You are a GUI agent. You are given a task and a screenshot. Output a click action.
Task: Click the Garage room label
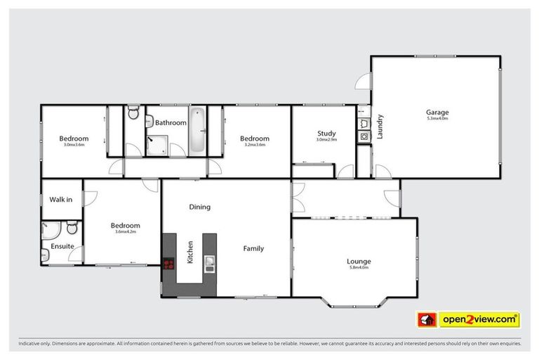tap(437, 112)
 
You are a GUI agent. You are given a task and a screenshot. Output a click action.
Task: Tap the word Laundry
tap(380, 127)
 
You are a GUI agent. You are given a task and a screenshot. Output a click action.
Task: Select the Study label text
tap(326, 133)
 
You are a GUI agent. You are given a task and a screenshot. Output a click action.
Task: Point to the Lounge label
tap(359, 262)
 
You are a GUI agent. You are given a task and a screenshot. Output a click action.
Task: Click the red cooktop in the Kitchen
tap(168, 265)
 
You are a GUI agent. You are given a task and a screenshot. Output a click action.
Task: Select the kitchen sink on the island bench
tap(209, 264)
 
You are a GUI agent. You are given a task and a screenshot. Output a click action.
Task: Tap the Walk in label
tap(60, 200)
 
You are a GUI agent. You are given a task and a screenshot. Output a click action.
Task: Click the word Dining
tap(199, 207)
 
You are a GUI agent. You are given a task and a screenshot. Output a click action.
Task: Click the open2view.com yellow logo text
tap(479, 320)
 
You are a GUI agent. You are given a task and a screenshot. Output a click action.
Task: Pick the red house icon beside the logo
tap(427, 320)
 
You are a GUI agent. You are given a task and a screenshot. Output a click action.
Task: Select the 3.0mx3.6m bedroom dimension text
tap(74, 145)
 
